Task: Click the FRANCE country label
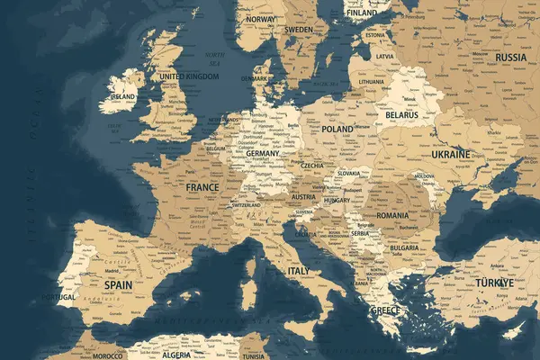202,188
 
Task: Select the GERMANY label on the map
263,154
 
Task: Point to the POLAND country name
337,130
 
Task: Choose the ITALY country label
299,270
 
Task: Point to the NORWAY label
260,18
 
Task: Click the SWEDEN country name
299,30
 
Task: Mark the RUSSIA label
510,57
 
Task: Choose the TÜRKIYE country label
495,282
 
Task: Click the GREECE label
386,310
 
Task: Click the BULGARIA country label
402,247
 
